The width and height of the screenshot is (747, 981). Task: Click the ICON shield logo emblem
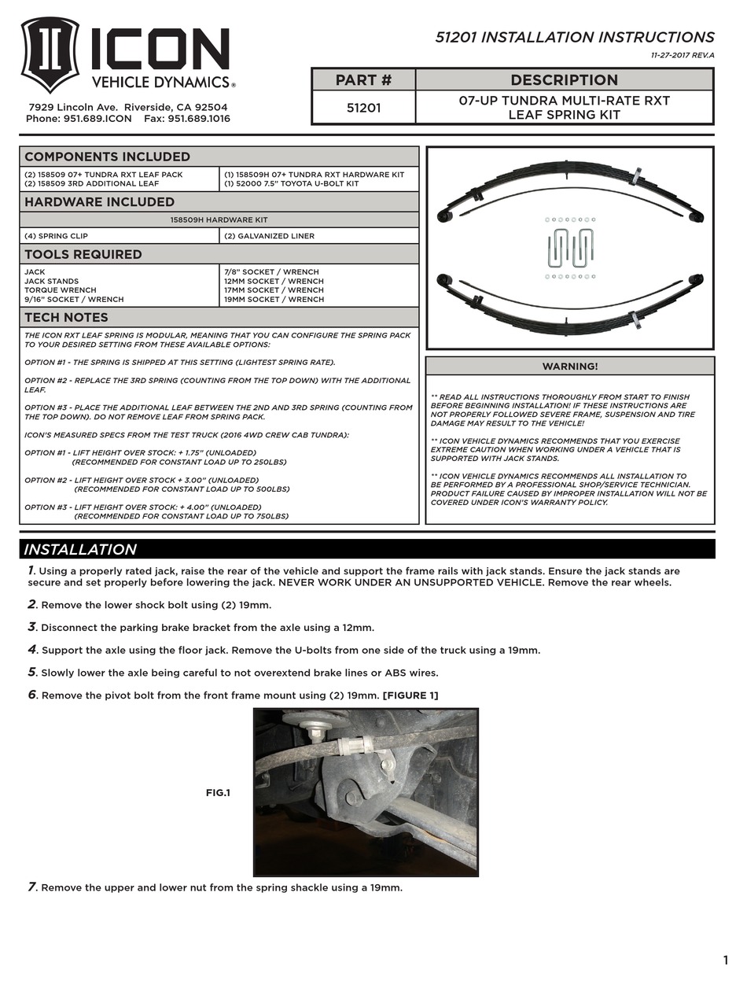(x=50, y=54)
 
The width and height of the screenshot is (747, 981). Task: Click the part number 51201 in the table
(x=363, y=108)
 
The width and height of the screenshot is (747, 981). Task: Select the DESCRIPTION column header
(x=564, y=79)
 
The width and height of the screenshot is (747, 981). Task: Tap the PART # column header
(x=363, y=79)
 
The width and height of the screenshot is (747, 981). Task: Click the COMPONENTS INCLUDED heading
(x=107, y=157)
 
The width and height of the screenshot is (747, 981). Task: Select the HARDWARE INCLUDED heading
(x=99, y=202)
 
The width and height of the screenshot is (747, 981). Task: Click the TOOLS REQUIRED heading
(x=83, y=254)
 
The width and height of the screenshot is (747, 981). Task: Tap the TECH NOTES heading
(x=66, y=317)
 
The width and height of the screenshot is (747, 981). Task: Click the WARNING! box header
(x=570, y=367)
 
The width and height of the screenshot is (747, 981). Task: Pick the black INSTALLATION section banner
(x=367, y=549)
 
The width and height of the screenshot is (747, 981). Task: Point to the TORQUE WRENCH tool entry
(x=61, y=290)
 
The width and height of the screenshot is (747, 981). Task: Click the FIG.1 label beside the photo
(x=218, y=793)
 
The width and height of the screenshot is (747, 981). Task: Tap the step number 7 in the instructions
(x=32, y=887)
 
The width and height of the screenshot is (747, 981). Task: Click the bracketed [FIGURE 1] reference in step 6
(x=410, y=695)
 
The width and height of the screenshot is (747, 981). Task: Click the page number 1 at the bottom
(x=725, y=960)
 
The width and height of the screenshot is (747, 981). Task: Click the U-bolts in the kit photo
(x=570, y=248)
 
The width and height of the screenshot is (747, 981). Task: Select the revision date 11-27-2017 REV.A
(x=683, y=55)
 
